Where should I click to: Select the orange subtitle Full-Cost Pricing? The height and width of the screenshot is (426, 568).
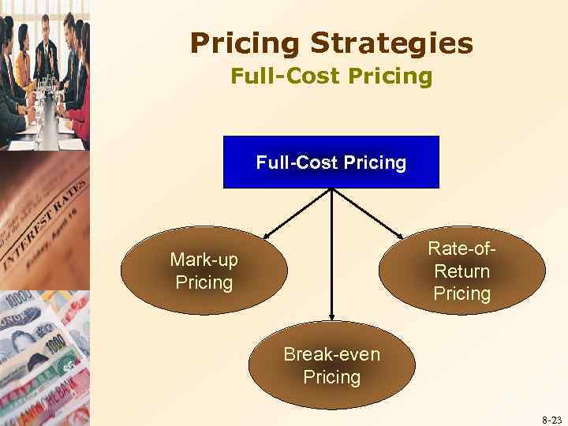point(331,77)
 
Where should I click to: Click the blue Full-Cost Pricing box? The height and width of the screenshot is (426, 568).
point(331,163)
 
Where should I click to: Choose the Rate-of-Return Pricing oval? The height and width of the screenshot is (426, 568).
point(461,271)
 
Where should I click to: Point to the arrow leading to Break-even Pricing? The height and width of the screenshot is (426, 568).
point(331,252)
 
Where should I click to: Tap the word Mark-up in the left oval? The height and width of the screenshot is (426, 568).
point(204,260)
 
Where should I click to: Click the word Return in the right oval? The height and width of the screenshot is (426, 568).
point(461,271)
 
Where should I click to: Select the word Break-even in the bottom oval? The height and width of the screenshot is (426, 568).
point(331,354)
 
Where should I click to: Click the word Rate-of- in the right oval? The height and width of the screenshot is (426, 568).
point(461,248)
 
